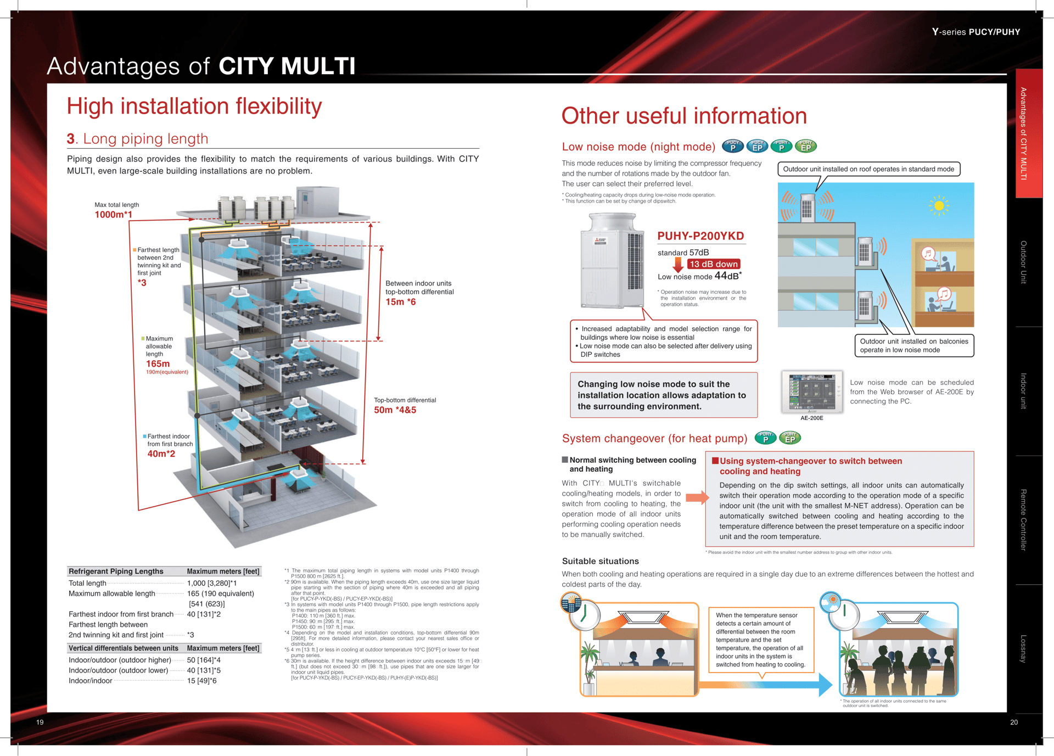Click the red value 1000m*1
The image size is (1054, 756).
coord(113,215)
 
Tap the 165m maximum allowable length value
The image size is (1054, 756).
coord(158,364)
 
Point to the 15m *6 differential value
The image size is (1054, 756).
coord(400,302)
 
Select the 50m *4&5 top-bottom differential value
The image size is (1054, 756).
coord(395,410)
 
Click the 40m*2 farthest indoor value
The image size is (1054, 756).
coord(161,454)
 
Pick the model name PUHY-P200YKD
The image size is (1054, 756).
coord(700,236)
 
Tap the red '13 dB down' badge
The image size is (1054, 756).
coord(713,264)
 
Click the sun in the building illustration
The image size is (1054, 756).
coord(939,206)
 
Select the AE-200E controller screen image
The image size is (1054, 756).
coord(812,392)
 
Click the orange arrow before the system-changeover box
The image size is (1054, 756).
coord(697,498)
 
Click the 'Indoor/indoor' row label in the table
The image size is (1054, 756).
coord(91,681)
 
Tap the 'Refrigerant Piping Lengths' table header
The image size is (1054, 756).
coord(116,572)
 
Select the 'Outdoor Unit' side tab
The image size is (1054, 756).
coord(1023,262)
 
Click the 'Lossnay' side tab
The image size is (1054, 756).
coord(1023,648)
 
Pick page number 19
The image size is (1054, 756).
coord(40,722)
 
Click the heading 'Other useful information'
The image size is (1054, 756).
coord(683,116)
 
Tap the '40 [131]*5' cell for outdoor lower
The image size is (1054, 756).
coord(204,670)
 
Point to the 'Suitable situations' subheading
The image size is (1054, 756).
coord(600,561)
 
